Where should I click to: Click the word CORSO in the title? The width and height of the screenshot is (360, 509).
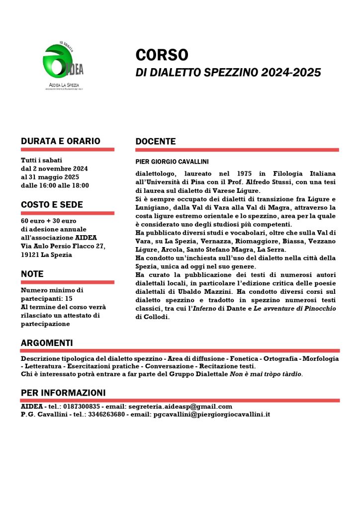coord(162,54)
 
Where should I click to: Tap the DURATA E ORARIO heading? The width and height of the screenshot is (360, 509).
coord(61,141)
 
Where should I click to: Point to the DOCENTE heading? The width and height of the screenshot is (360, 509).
coord(156,142)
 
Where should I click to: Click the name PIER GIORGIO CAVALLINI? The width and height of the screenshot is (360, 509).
coord(172,162)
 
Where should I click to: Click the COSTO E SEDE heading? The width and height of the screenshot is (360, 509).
coord(52,205)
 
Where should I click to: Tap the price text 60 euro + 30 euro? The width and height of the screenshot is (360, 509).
coord(49,221)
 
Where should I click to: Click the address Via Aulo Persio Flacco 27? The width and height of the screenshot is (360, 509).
coord(63,246)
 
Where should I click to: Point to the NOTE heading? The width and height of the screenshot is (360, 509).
coord(32,274)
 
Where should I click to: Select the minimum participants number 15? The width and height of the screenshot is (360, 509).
coord(69,298)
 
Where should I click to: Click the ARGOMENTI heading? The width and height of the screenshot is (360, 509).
coord(47,343)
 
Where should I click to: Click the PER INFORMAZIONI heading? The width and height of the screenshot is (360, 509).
coord(63,393)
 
